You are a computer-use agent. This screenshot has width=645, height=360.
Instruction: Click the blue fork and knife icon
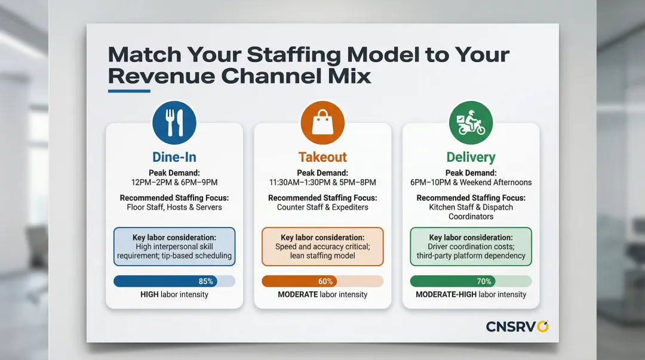174,122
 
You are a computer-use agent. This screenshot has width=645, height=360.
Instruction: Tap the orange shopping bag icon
322,122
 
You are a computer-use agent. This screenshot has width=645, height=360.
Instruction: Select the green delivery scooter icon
471,122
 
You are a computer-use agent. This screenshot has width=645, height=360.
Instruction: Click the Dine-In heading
174,157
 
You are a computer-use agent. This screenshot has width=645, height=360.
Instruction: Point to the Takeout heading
322,157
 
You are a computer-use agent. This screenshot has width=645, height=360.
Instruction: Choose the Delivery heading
471,157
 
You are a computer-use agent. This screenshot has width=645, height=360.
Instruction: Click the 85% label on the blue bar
206,281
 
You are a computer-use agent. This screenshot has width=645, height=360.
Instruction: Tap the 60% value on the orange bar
325,281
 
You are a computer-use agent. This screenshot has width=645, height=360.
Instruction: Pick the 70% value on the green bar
484,281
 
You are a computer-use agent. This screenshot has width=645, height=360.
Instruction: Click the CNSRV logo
517,327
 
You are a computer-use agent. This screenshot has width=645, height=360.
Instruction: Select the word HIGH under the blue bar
149,294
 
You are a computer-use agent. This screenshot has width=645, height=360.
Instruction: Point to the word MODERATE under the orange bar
298,294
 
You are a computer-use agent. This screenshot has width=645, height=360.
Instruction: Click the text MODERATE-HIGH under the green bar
446,294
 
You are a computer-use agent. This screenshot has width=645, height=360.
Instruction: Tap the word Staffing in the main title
293,55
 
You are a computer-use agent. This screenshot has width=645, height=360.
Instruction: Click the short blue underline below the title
129,91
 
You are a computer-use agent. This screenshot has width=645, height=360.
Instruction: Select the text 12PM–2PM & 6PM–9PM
174,182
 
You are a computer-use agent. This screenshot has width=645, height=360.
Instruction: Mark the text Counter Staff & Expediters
322,207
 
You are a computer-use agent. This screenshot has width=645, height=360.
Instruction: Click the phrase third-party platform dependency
471,256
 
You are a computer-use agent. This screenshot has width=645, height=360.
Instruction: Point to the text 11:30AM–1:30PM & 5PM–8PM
322,182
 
